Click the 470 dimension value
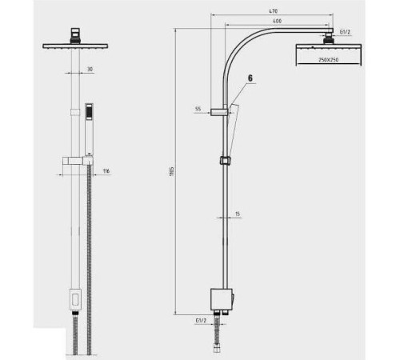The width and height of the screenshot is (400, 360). (274, 11)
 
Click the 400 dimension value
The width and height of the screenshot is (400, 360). (278, 21)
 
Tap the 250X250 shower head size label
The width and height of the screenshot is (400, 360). (329, 60)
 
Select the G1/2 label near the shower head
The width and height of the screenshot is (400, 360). (345, 32)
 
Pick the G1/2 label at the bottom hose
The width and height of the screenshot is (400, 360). (201, 321)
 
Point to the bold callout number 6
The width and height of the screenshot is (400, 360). (250, 78)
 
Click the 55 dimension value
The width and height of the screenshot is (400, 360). (198, 109)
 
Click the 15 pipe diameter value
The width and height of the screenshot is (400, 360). (238, 214)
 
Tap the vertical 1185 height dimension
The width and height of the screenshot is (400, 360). (172, 171)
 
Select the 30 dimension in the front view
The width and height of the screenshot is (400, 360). (90, 70)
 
